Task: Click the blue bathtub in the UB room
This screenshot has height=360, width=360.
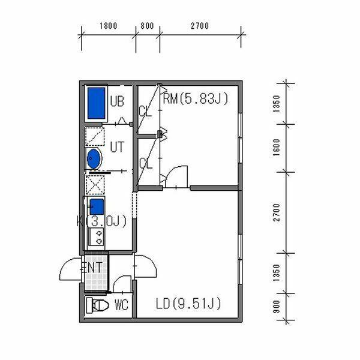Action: point(96,103)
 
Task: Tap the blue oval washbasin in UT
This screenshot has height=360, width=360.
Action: point(94,158)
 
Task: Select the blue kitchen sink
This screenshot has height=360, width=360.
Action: point(97,206)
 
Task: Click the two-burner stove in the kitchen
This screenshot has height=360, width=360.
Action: point(97,237)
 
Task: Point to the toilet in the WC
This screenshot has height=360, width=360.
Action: point(98,305)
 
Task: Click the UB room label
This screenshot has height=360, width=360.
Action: point(117,101)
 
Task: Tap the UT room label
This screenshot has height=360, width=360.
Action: point(117,147)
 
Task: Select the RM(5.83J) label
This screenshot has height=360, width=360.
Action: point(196,98)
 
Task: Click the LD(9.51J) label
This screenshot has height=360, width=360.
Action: point(188,303)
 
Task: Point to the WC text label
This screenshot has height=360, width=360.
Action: point(121,305)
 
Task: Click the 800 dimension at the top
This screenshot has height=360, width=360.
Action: point(147,26)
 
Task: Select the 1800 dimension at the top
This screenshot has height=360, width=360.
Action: point(109,26)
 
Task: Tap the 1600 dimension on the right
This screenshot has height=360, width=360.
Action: point(277,147)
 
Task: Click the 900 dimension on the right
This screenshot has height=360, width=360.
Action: point(277,307)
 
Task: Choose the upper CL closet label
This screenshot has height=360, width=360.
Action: point(145,112)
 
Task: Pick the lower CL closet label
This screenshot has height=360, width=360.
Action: point(146,163)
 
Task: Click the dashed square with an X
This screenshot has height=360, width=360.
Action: point(95,185)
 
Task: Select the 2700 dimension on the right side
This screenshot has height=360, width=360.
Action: point(277,212)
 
